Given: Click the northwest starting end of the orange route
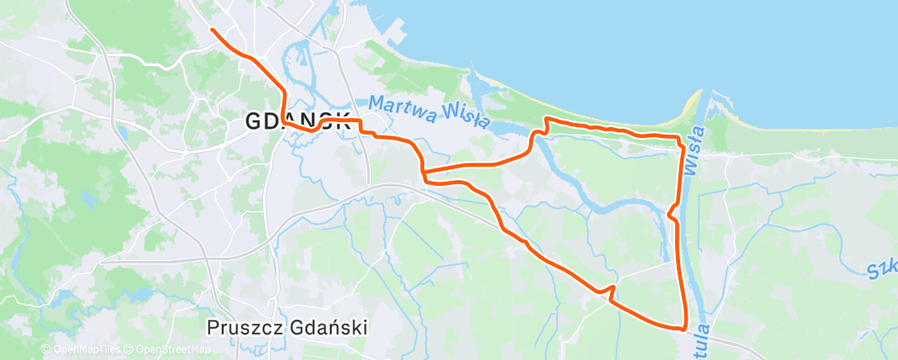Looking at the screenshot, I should (x=212, y=30).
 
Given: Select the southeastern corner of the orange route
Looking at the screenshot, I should (x=685, y=328).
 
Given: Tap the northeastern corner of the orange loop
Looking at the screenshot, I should (x=680, y=138).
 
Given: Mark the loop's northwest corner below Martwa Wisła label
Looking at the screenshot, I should (x=546, y=121).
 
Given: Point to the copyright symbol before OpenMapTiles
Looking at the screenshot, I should (x=45, y=350).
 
